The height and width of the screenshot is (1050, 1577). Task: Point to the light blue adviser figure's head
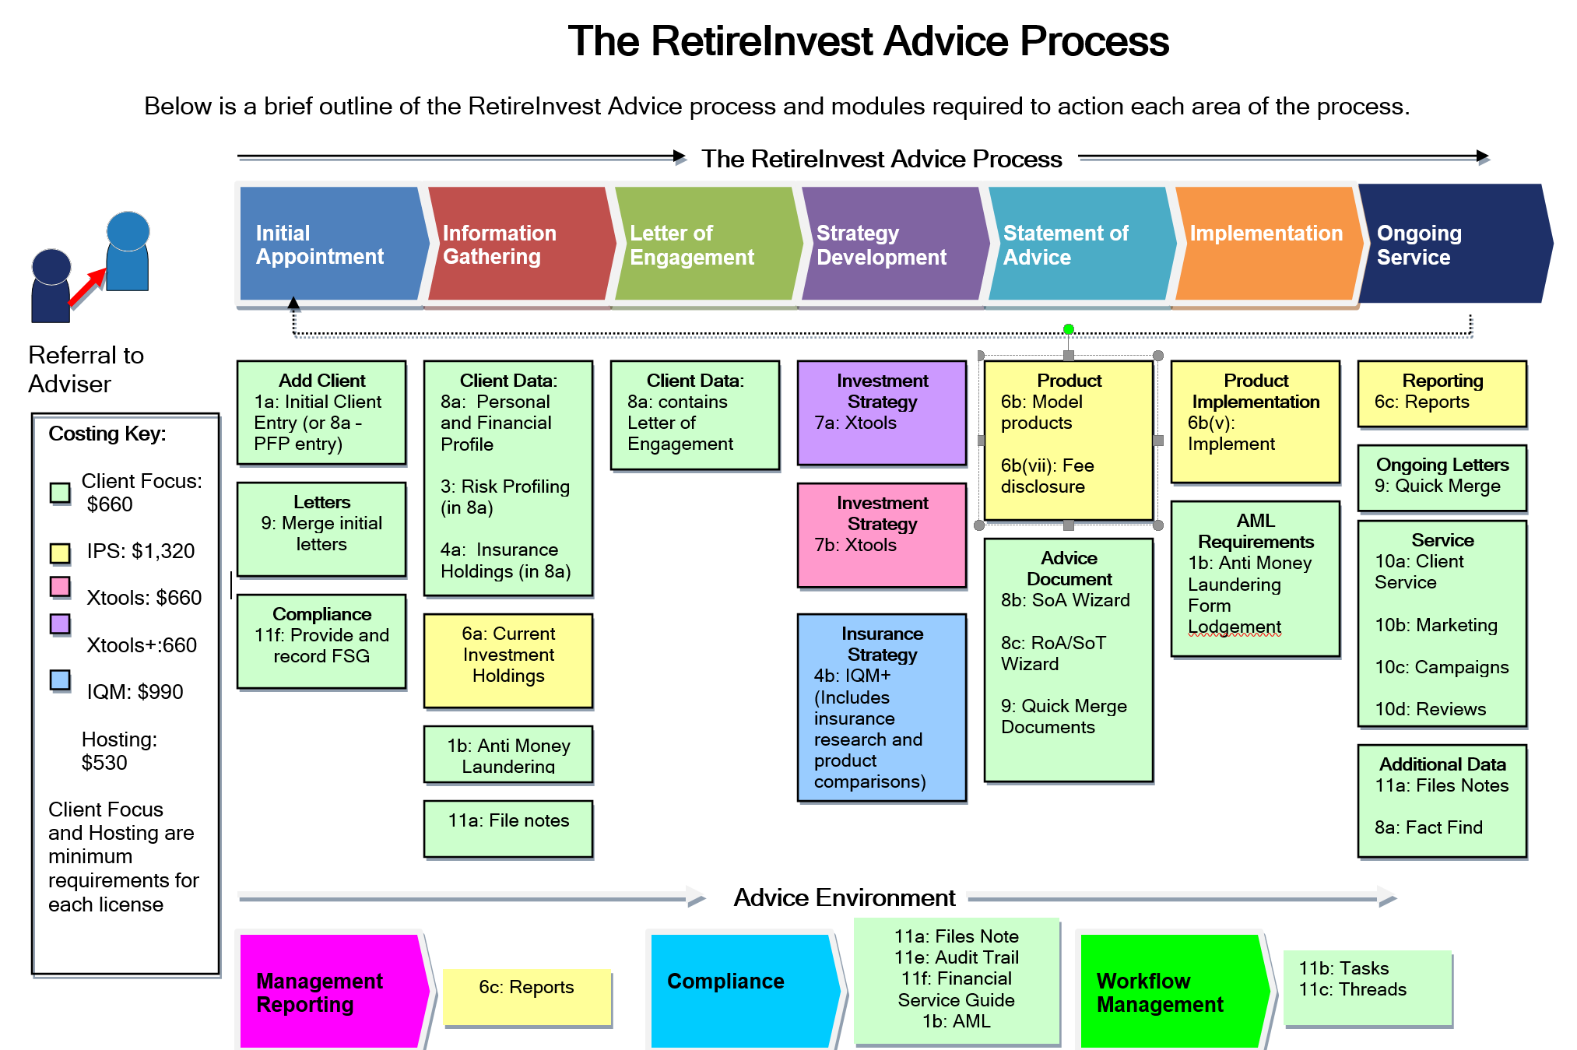128,230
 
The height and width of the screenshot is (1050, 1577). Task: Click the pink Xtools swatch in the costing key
60,586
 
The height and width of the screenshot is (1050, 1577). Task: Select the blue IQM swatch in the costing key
60,680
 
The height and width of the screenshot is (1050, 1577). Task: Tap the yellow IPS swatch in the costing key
60,553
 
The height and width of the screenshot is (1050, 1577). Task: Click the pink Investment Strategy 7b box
882,536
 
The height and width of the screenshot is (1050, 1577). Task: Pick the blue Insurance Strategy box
882,707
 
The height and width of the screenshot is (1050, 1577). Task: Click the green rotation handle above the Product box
1069,329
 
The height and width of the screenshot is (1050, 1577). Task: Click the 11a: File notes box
508,828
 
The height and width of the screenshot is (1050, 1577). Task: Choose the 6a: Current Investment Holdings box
508,660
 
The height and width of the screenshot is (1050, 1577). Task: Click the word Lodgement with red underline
1235,627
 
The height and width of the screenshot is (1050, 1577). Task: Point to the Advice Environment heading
844,898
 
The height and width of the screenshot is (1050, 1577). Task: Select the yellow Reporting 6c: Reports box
1442,394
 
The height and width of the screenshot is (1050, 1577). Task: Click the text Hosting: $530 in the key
119,751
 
